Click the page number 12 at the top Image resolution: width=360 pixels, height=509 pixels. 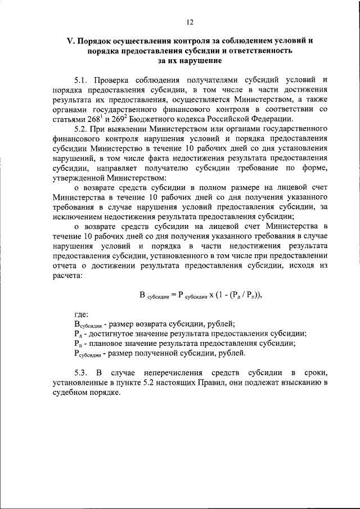[x=190, y=21]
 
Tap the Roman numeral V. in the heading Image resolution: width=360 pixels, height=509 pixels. [x=71, y=42]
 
